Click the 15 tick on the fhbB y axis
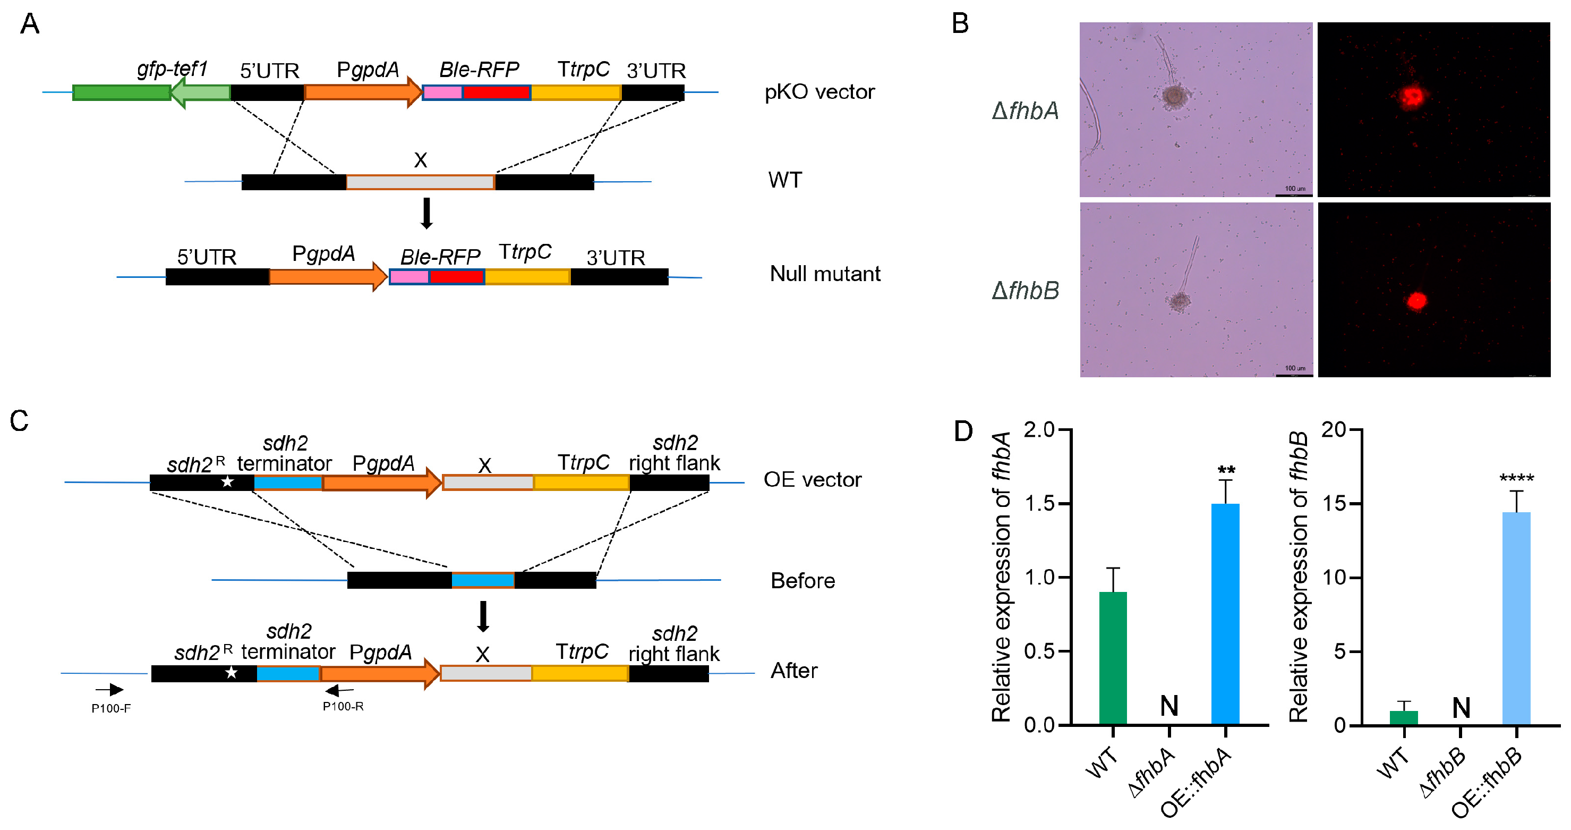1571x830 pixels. coord(1334,504)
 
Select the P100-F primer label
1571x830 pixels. coord(111,708)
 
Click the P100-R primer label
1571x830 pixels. coord(343,706)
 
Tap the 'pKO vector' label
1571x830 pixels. coord(819,92)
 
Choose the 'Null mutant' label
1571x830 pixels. coord(824,274)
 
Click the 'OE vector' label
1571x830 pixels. coord(813,480)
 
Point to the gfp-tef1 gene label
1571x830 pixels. coord(172,69)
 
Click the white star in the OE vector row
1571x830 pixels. coord(227,481)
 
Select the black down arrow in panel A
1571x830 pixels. coord(427,213)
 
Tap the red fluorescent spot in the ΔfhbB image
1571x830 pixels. coord(1416,301)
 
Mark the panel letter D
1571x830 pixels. coord(963,431)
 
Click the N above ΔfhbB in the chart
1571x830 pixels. coord(1461,708)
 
